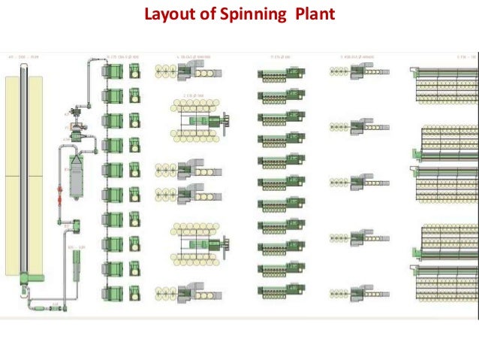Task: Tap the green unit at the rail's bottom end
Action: [x=26, y=279]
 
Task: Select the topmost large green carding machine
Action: [x=113, y=71]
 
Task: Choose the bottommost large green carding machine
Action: [x=113, y=291]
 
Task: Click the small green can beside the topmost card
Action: [x=134, y=71]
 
